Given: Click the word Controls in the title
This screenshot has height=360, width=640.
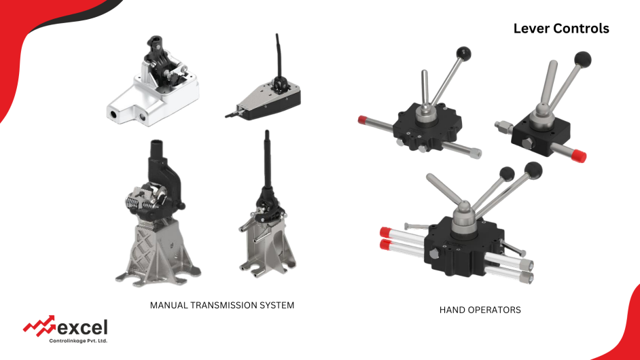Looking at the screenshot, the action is [582, 29].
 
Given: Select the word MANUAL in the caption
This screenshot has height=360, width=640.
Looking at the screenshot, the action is [168, 305].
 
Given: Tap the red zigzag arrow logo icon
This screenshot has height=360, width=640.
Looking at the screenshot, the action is [39, 325].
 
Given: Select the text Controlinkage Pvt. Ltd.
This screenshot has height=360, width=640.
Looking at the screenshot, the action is [78, 341].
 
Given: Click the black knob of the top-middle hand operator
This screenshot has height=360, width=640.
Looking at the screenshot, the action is [463, 53].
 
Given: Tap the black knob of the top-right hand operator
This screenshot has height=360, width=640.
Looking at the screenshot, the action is [582, 59].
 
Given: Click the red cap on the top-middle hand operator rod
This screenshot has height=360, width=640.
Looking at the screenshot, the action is [362, 120].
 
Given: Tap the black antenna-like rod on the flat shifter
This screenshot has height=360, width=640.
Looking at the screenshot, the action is [278, 55].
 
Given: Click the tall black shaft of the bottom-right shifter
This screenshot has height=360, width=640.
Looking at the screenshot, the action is [268, 159].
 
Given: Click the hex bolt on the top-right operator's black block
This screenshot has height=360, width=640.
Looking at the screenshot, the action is [527, 144].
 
